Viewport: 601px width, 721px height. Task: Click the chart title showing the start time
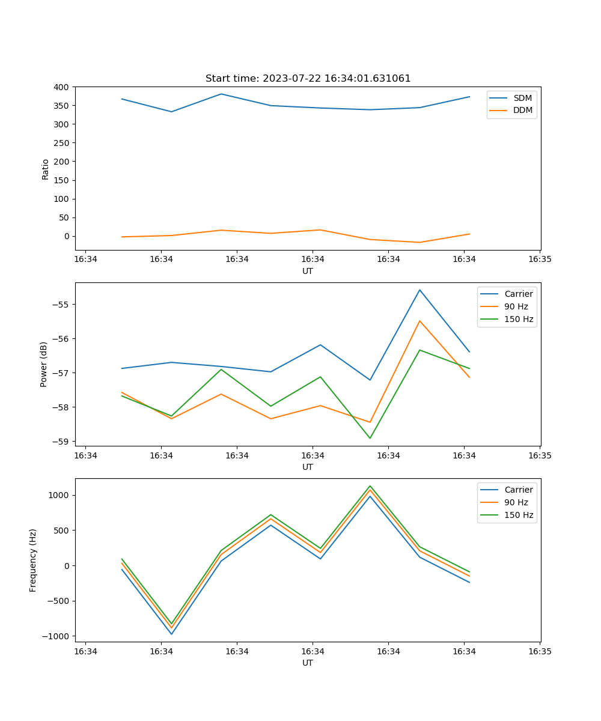(x=308, y=79)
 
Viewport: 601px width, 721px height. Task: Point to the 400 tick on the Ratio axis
(x=61, y=87)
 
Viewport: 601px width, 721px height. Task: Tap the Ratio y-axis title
(x=46, y=169)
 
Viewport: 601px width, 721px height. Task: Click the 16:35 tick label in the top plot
(x=540, y=260)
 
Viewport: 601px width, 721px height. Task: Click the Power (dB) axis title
(x=44, y=364)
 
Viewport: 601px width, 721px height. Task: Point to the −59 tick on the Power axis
(x=62, y=442)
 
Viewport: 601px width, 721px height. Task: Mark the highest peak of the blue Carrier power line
(x=419, y=290)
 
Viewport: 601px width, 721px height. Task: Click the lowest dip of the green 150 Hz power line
(x=370, y=438)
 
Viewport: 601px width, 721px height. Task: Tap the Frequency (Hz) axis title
(x=33, y=560)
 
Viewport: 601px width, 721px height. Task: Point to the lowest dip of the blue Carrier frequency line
(x=171, y=634)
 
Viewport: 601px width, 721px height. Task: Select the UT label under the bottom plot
(x=308, y=663)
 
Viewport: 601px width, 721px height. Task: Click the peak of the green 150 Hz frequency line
(x=370, y=486)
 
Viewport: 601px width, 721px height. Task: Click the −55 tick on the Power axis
(x=62, y=305)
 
